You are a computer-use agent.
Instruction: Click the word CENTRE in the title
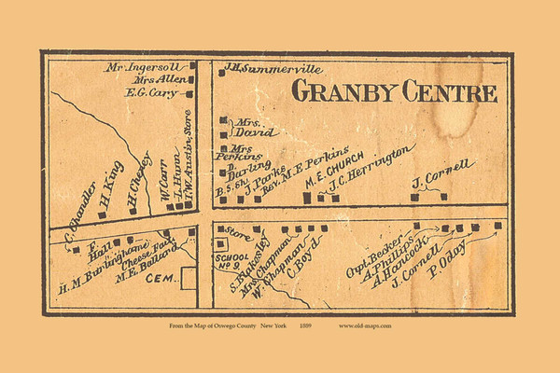coord(447,91)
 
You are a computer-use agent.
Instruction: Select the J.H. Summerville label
coord(263,68)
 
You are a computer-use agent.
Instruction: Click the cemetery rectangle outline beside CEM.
coord(189,278)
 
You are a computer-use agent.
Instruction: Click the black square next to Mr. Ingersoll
coord(193,66)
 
